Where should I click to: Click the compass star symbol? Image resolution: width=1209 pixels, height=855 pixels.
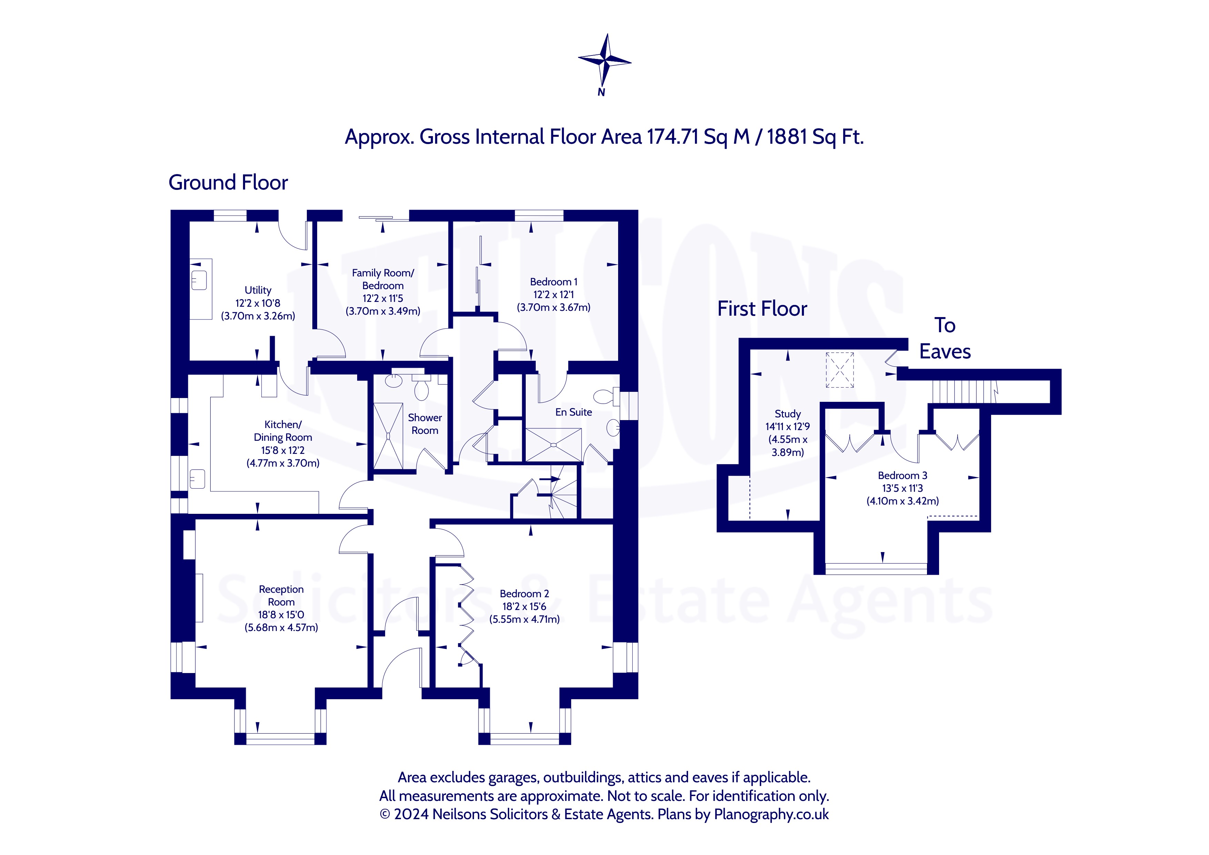click(605, 60)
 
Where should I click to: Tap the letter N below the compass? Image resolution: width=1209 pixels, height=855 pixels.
click(601, 92)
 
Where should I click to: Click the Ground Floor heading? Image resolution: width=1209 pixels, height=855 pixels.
click(228, 183)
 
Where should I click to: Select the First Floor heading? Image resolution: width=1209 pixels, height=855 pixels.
click(762, 308)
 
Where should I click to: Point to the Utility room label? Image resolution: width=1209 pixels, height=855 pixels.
click(258, 290)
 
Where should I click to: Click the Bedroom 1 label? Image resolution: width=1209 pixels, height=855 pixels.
click(553, 282)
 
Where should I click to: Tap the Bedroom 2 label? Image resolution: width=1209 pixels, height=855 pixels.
click(524, 593)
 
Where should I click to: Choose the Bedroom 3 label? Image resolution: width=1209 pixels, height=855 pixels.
click(903, 476)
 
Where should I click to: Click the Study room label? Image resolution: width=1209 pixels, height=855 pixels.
click(788, 414)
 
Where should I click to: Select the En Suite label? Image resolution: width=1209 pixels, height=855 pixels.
click(573, 412)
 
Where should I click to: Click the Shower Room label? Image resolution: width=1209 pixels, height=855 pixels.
click(425, 424)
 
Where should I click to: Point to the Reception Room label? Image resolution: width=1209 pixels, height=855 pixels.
click(281, 596)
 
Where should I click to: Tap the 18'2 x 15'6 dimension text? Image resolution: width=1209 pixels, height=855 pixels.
click(524, 607)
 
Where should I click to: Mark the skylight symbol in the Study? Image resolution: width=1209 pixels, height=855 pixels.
click(839, 370)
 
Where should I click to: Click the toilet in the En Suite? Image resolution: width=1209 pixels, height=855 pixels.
click(607, 397)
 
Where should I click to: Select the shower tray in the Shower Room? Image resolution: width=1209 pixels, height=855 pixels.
click(388, 436)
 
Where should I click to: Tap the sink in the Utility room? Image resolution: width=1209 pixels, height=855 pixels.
click(199, 280)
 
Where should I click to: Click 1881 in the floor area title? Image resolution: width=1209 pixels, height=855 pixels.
click(787, 137)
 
